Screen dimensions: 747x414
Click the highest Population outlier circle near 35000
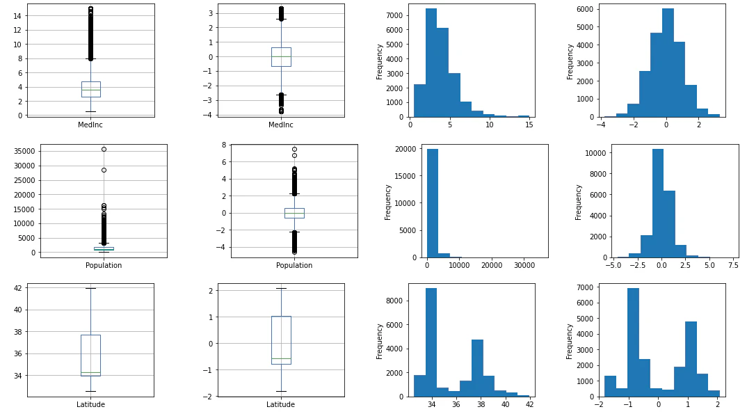[104, 149]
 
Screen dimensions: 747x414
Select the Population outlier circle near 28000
[104, 170]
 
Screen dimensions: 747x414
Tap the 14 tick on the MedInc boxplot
[17, 16]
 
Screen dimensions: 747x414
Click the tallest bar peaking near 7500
[431, 63]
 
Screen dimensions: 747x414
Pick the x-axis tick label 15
[529, 125]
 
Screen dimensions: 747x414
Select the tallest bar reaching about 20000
[432, 203]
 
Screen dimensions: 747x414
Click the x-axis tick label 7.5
[734, 265]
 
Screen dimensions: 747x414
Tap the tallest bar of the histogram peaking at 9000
[431, 342]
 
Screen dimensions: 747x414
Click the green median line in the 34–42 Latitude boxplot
[90, 372]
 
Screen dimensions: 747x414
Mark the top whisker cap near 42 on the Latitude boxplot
[90, 288]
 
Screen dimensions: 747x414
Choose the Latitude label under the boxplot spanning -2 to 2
[280, 404]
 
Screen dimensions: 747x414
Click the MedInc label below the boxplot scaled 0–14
[90, 125]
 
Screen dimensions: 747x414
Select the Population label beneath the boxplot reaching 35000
[104, 265]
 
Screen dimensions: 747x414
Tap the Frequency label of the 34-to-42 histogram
[380, 342]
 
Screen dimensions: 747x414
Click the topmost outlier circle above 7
[294, 150]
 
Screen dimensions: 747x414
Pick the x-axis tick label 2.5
[686, 265]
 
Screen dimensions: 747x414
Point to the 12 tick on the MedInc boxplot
[17, 30]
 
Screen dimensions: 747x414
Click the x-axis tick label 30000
[524, 265]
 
